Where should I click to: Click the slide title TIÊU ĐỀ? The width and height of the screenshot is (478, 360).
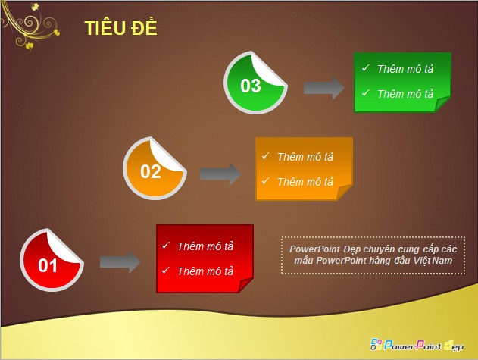point(120,28)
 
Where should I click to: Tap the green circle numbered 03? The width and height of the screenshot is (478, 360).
point(255,84)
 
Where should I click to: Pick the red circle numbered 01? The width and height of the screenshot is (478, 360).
point(51,262)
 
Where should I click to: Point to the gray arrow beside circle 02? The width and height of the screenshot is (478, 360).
point(220,174)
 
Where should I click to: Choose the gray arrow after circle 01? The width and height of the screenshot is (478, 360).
point(120,262)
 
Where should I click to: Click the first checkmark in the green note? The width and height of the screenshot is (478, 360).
point(366,68)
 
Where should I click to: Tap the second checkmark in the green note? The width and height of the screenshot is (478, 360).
point(366,93)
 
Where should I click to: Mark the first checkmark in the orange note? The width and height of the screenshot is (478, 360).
point(265,156)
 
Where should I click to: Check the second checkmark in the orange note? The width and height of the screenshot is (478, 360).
point(265,181)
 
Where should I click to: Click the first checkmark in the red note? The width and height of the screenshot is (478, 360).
point(165,246)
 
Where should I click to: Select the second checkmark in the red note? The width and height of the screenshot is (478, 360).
point(165,271)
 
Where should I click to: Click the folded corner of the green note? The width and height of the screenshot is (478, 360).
point(443,105)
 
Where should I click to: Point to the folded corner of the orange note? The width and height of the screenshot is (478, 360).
point(345,193)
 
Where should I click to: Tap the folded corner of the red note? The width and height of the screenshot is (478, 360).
point(245,284)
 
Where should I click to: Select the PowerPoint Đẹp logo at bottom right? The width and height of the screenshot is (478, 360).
point(416,345)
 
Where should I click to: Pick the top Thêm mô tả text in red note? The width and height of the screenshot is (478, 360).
point(205,246)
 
